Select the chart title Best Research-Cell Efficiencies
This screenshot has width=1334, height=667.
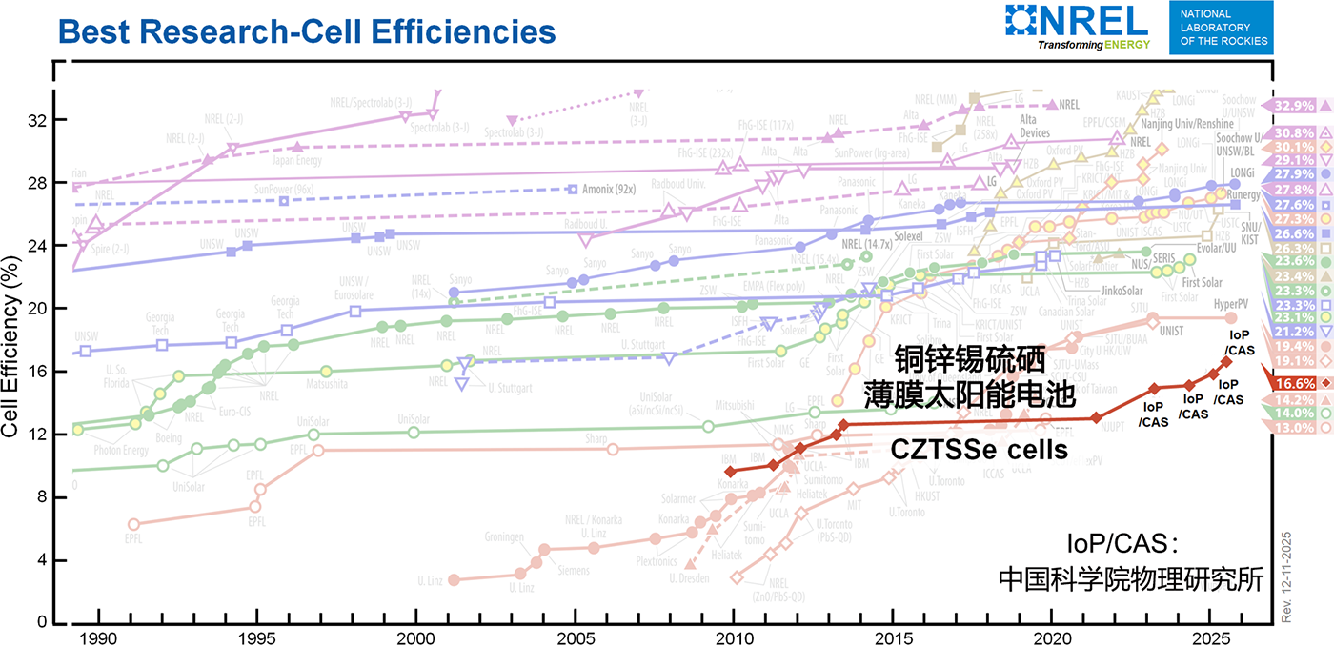click(306, 31)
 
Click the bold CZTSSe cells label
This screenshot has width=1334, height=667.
click(979, 450)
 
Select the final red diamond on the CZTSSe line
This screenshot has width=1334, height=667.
click(1225, 362)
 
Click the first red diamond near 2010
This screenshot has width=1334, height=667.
click(730, 472)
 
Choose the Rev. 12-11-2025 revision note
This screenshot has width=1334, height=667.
click(1285, 577)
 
